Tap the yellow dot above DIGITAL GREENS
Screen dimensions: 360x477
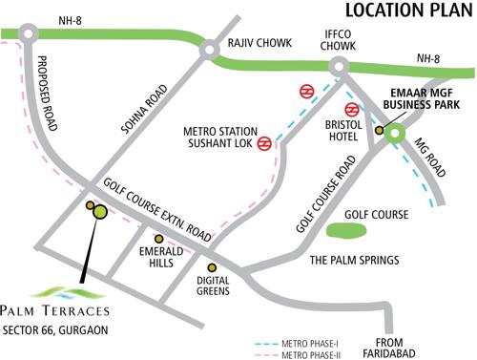tap(212, 267)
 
